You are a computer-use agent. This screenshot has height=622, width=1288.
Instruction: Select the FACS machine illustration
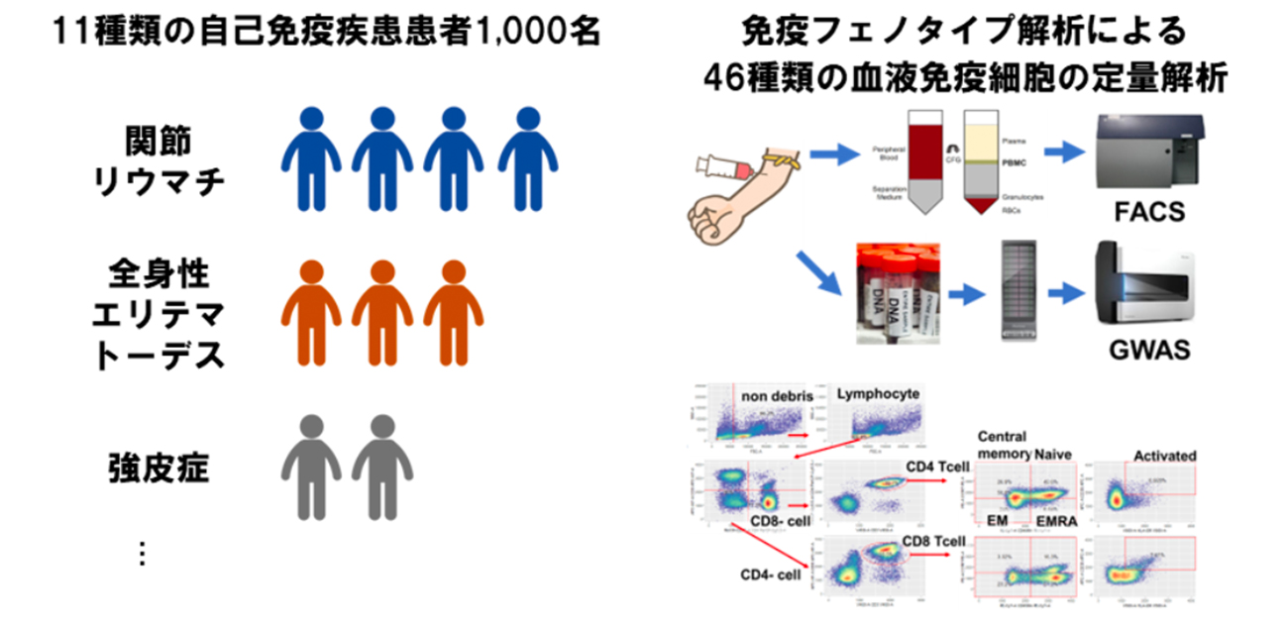point(1153,153)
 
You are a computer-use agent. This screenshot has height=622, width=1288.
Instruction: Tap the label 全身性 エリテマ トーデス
point(159,315)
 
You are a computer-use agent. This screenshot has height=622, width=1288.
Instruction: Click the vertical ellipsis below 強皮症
point(142,554)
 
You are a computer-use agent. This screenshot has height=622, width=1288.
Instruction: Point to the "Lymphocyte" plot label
point(878,394)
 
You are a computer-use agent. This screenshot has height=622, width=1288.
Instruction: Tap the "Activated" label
point(1165,456)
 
